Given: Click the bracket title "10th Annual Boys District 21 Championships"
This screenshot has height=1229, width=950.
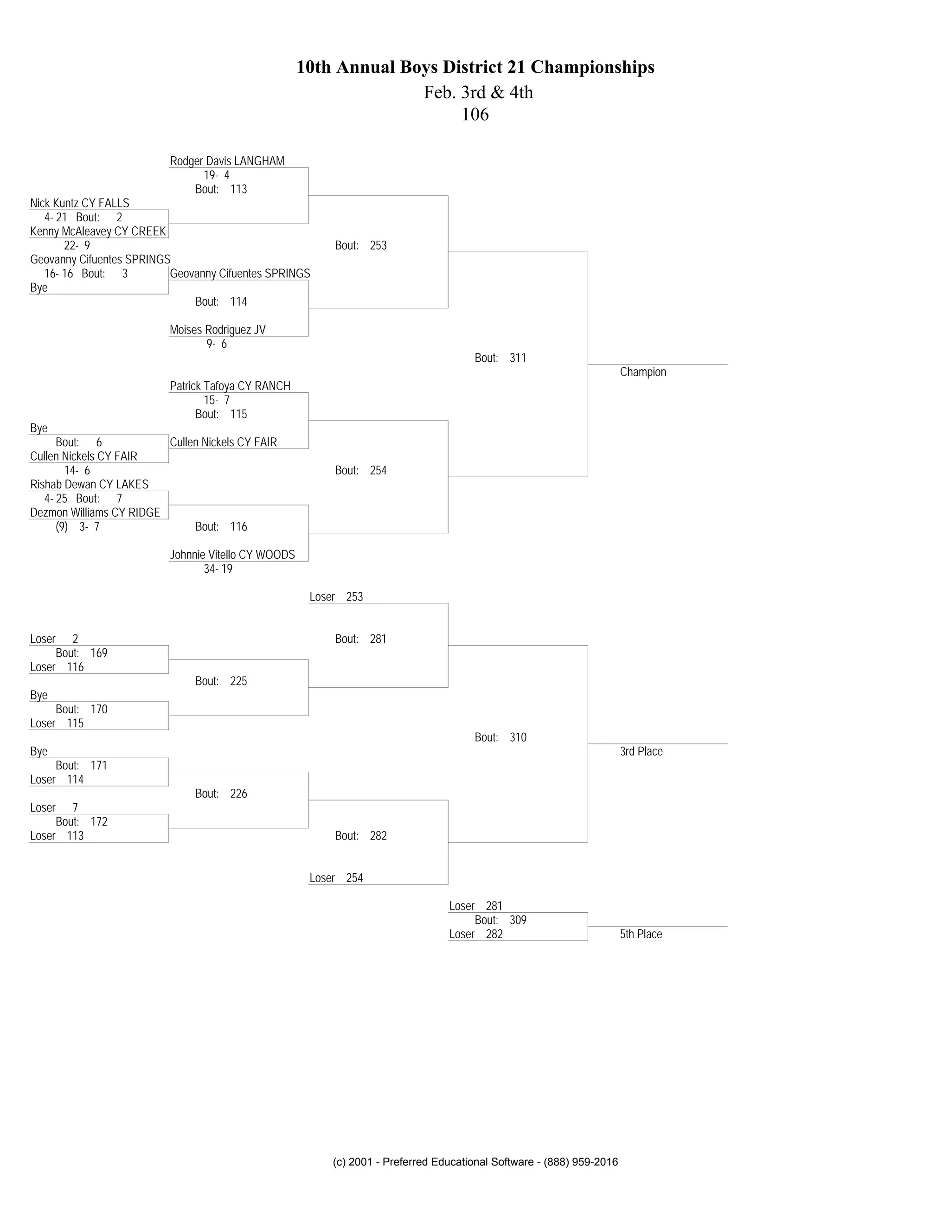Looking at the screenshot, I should pyautogui.click(x=475, y=68).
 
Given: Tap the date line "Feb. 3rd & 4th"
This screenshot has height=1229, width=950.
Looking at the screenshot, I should pyautogui.click(x=478, y=92).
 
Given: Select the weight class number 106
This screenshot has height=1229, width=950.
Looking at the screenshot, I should pyautogui.click(x=475, y=115).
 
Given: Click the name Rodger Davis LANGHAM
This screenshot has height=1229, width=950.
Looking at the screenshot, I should pyautogui.click(x=227, y=161).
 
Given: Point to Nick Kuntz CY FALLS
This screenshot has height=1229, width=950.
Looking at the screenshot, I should pyautogui.click(x=79, y=203).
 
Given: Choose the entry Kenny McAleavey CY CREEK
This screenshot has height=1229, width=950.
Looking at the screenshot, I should pyautogui.click(x=98, y=231).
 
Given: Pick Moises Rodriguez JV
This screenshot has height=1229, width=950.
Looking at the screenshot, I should pyautogui.click(x=217, y=330).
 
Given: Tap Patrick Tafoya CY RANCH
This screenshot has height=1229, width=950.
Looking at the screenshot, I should pyautogui.click(x=230, y=386).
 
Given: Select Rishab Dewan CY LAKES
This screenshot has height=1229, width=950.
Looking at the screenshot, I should pyautogui.click(x=89, y=485).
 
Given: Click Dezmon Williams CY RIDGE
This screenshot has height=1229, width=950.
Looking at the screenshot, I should pyautogui.click(x=95, y=512).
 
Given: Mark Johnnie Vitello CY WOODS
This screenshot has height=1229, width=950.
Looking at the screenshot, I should pyautogui.click(x=232, y=555).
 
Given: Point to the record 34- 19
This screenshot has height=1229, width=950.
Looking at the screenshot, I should pyautogui.click(x=218, y=569).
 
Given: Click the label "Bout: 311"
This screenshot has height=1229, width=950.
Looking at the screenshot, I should pyautogui.click(x=500, y=358).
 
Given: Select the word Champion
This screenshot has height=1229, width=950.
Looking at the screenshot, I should pyautogui.click(x=643, y=372).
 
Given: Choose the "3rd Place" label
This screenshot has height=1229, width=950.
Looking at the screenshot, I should pyautogui.click(x=641, y=751).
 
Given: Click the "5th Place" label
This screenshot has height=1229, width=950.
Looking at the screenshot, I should pyautogui.click(x=641, y=934).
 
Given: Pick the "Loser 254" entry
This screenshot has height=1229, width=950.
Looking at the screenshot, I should pyautogui.click(x=336, y=878).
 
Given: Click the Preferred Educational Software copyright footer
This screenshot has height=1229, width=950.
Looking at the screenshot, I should pyautogui.click(x=475, y=1162).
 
